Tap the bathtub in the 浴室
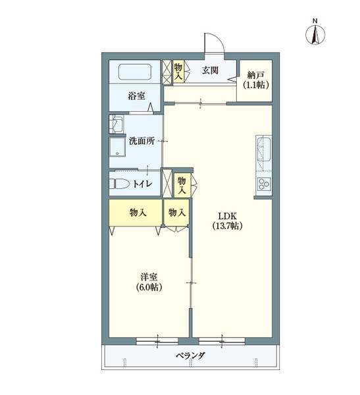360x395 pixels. pyautogui.click(x=135, y=72)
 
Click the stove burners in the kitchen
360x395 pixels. pyautogui.click(x=263, y=184)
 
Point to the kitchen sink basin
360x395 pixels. pyautogui.click(x=263, y=150)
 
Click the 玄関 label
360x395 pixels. pyautogui.click(x=210, y=70)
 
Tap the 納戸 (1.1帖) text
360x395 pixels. pyautogui.click(x=256, y=80)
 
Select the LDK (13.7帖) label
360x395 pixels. pyautogui.click(x=227, y=221)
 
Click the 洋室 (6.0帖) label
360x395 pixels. pyautogui.click(x=149, y=282)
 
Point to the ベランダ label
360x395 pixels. pyautogui.click(x=190, y=355)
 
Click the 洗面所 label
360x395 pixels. pyautogui.click(x=142, y=141)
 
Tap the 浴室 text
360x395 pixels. pyautogui.click(x=136, y=96)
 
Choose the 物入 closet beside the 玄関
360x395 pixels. pyautogui.click(x=178, y=71)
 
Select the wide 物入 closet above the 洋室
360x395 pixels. pyautogui.click(x=136, y=212)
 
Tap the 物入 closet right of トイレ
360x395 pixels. pyautogui.click(x=182, y=185)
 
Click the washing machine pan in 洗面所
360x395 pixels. pyautogui.click(x=117, y=147)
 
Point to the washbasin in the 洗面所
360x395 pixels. pyautogui.click(x=116, y=124)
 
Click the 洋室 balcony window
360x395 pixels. pyautogui.click(x=157, y=341)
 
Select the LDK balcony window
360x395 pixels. pyautogui.click(x=222, y=341)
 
